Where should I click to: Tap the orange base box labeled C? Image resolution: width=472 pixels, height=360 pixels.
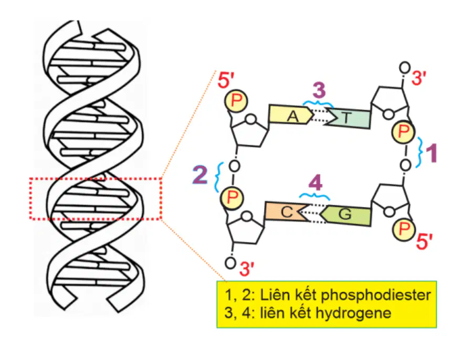[x=286, y=211]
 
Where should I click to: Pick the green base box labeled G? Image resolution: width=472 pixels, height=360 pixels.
[x=346, y=215]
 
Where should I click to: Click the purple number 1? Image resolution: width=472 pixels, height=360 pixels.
[x=430, y=153]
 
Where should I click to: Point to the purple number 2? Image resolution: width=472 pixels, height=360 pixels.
[x=200, y=175]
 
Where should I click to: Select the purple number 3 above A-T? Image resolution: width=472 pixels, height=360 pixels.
[x=319, y=90]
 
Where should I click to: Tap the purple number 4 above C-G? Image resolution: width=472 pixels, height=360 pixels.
[x=316, y=183]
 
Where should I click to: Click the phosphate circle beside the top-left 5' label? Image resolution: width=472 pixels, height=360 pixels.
[x=236, y=101]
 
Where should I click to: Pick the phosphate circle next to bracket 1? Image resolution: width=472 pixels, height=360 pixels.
[x=403, y=132]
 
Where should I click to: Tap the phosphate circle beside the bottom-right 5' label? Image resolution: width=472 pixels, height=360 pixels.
[x=404, y=229]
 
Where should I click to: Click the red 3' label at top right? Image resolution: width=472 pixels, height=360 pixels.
[x=419, y=78]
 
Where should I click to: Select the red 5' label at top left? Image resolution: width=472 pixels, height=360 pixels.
[x=226, y=80]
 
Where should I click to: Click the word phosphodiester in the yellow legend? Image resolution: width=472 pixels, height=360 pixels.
[x=376, y=295]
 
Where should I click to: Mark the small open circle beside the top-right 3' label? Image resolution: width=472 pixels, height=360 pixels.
[x=405, y=68]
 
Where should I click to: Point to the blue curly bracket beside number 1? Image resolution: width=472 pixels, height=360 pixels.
[x=419, y=152]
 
